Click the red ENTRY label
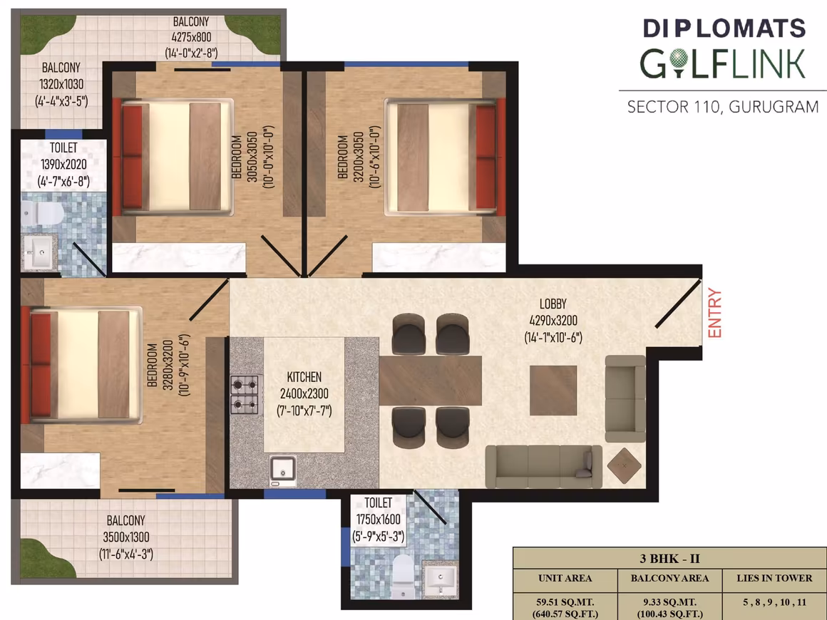pos(714,313)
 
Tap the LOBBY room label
pos(553,304)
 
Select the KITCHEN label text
pos(304,377)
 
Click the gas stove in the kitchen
pos(245,394)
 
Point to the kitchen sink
pos(283,471)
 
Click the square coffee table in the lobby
pos(553,391)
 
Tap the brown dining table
pos(431,381)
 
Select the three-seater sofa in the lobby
pos(544,467)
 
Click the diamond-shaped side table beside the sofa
pos(625,465)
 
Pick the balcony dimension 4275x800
pos(191,37)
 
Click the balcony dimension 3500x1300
pos(126,537)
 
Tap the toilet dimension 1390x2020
pos(64,165)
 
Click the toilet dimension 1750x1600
pos(378,520)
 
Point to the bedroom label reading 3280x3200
pos(168,365)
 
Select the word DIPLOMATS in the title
pos(724,29)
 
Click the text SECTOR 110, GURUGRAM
pos(723,107)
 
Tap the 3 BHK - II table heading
pos(670,559)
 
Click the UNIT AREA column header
pos(565,579)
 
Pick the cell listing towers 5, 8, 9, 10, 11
pos(774,602)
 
